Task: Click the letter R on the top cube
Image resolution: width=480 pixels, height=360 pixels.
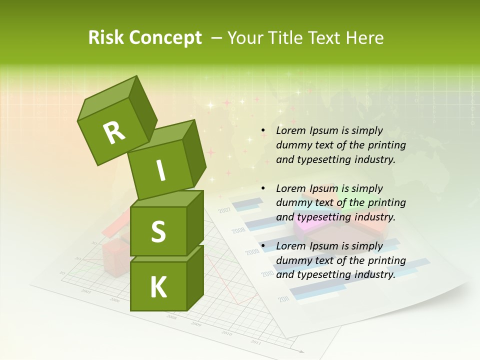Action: point(114,133)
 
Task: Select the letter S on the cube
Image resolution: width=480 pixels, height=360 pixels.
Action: point(158,231)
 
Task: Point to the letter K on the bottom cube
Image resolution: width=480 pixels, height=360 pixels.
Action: point(158,287)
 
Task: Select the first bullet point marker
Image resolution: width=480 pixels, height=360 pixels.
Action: point(263,131)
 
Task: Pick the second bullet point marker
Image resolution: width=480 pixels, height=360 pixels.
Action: point(263,188)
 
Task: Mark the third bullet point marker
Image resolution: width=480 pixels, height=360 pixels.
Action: point(263,246)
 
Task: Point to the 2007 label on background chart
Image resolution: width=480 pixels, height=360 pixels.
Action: point(224,210)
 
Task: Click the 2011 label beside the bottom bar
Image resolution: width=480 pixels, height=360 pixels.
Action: point(283,299)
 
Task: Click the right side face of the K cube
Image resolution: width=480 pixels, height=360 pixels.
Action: point(195,277)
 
